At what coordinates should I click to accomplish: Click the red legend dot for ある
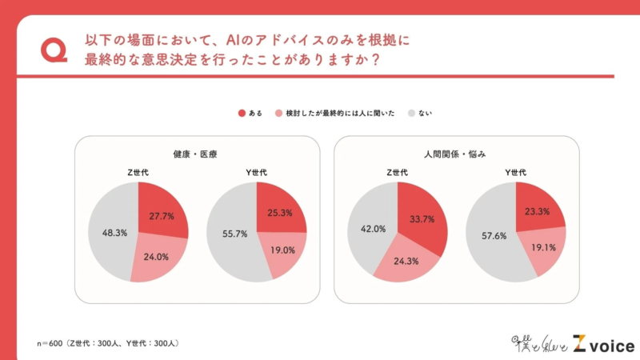(242, 114)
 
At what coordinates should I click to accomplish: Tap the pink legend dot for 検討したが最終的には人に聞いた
(278, 114)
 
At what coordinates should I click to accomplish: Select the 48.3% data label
(110, 234)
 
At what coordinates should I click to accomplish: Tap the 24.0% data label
(154, 258)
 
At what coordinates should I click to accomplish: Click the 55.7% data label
(230, 234)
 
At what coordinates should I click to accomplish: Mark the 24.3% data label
(406, 261)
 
